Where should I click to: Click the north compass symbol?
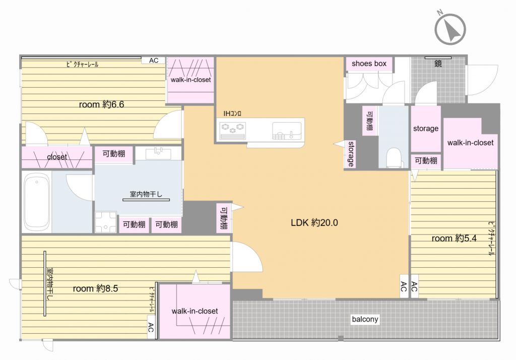coord(450,28)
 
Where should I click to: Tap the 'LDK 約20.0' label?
coord(314,223)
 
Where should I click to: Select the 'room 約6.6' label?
coord(101,105)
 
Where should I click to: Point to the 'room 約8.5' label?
coord(95,288)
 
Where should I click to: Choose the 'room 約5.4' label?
coord(454,238)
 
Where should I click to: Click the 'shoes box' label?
coord(369,64)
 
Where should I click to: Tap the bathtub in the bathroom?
coord(37,201)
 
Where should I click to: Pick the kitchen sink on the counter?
coord(286,131)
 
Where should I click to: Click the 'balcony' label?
coord(365,319)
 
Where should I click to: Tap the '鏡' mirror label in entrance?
coord(438,64)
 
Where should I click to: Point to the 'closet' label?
coord(57,157)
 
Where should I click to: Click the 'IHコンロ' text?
coord(232,113)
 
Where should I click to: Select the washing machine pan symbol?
coord(106,222)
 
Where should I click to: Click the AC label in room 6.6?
coord(154,61)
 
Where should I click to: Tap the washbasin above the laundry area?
coord(158,153)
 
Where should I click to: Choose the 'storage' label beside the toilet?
coord(425,129)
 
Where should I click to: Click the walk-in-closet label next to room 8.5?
coord(195,311)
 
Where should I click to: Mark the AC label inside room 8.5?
coord(151,327)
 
